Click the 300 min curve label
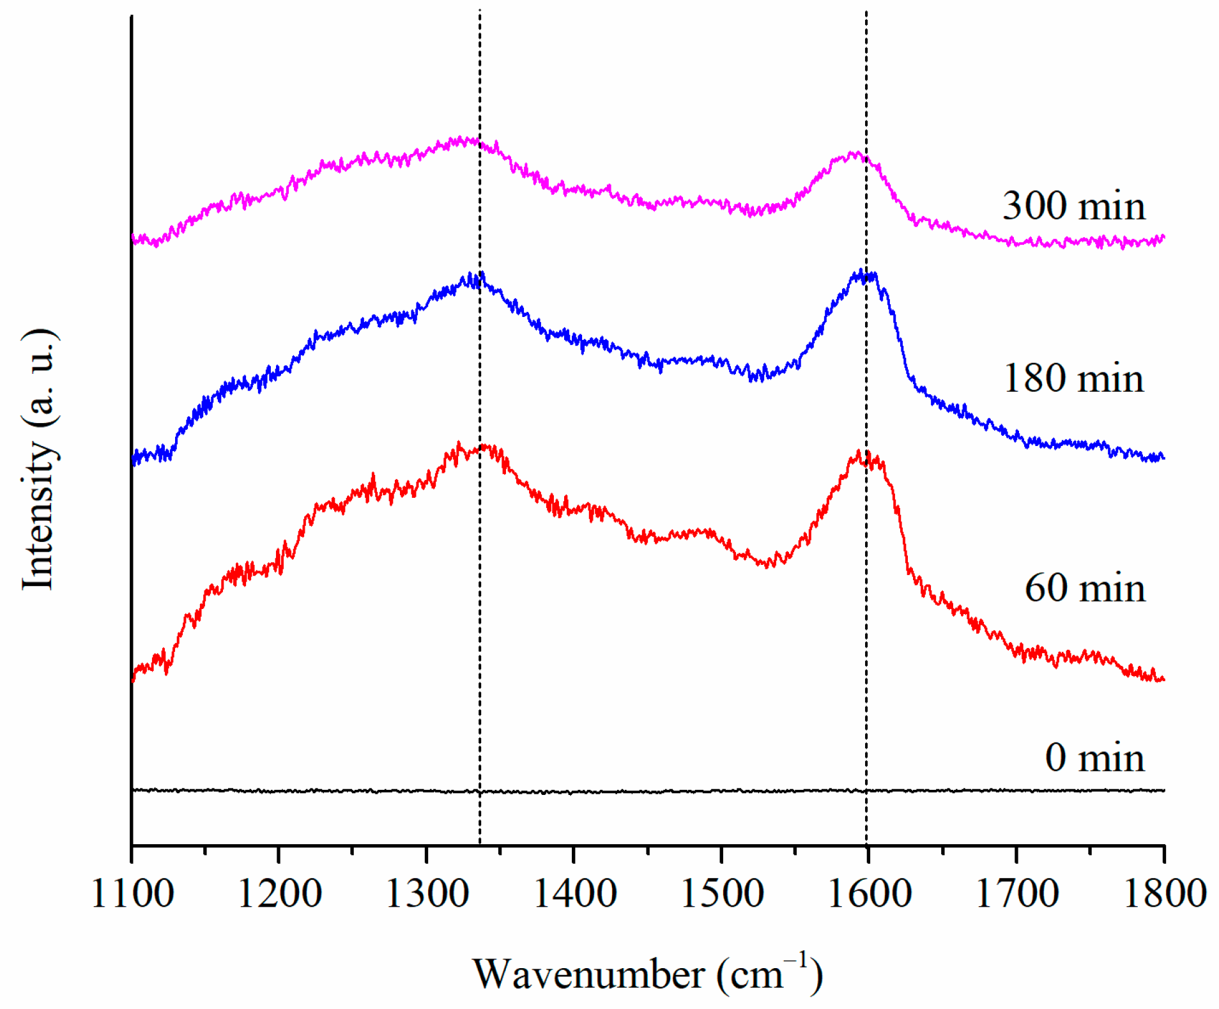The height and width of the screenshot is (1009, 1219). [1073, 206]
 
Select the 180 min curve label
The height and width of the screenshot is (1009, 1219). [1073, 378]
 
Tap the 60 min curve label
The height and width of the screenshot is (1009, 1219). [1084, 588]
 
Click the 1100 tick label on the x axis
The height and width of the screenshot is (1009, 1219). [132, 894]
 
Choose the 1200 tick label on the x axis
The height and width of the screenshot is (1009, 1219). [279, 894]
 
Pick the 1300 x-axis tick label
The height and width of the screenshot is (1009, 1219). [427, 894]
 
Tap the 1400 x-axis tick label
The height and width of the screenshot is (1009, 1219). [574, 894]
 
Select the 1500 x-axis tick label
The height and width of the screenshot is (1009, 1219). [722, 894]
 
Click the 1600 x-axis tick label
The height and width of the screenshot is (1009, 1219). [869, 894]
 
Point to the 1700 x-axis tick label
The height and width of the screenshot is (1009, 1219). [1016, 894]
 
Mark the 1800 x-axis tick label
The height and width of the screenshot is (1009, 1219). [1164, 894]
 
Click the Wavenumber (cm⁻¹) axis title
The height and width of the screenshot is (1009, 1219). [647, 974]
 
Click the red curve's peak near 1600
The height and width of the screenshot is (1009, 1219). [859, 452]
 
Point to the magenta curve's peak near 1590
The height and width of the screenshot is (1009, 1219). [854, 153]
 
